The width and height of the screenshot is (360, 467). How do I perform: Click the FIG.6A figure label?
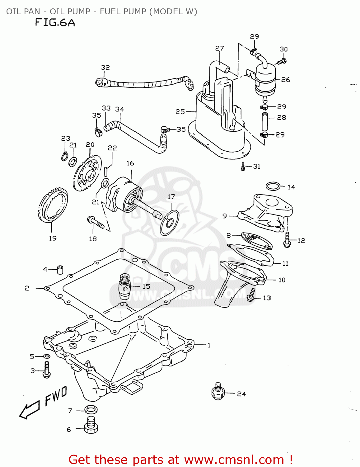pyautogui.click(x=55, y=23)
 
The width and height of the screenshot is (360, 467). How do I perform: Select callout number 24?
pyautogui.click(x=241, y=394)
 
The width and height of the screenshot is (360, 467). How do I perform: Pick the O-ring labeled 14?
pyautogui.click(x=273, y=186)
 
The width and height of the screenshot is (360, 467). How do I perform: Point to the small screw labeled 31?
pyautogui.click(x=243, y=167)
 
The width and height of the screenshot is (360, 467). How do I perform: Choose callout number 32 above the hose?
pyautogui.click(x=105, y=68)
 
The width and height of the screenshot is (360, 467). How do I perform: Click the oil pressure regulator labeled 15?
pyautogui.click(x=125, y=286)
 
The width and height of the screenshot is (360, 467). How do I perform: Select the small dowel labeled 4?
pyautogui.click(x=60, y=269)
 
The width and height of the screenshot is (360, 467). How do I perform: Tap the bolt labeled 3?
pyautogui.click(x=46, y=370)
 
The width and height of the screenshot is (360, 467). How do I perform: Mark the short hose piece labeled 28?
pyautogui.click(x=265, y=121)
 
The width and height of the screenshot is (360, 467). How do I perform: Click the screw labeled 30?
pyautogui.click(x=283, y=61)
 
